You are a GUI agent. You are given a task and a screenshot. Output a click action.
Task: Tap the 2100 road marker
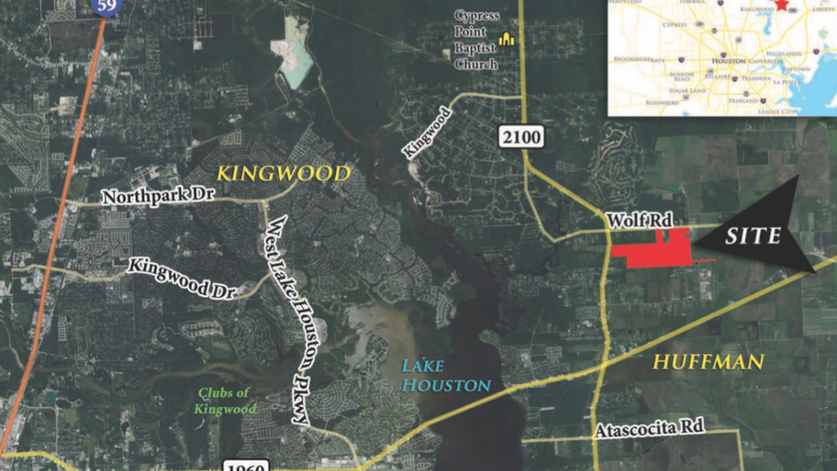[521, 137]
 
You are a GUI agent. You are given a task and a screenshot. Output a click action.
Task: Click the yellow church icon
[507, 39]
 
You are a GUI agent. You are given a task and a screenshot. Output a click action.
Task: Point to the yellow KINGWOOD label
[284, 174]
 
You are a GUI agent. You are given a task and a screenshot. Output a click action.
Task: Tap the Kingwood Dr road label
[183, 276]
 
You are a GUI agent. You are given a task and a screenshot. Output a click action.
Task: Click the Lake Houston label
[446, 373]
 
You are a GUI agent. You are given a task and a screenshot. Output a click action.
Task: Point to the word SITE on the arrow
[753, 236]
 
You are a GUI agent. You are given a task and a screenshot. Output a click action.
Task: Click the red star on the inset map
[782, 5]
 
